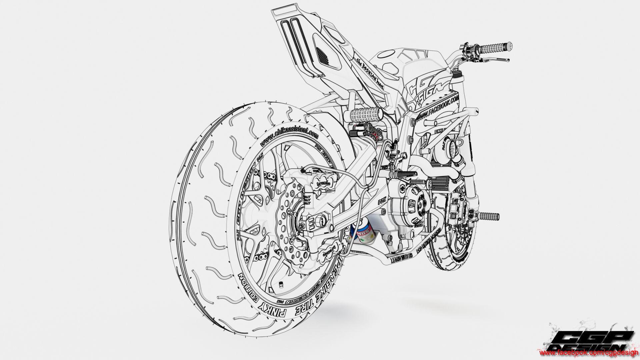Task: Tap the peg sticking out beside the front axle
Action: pyautogui.click(x=489, y=216)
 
